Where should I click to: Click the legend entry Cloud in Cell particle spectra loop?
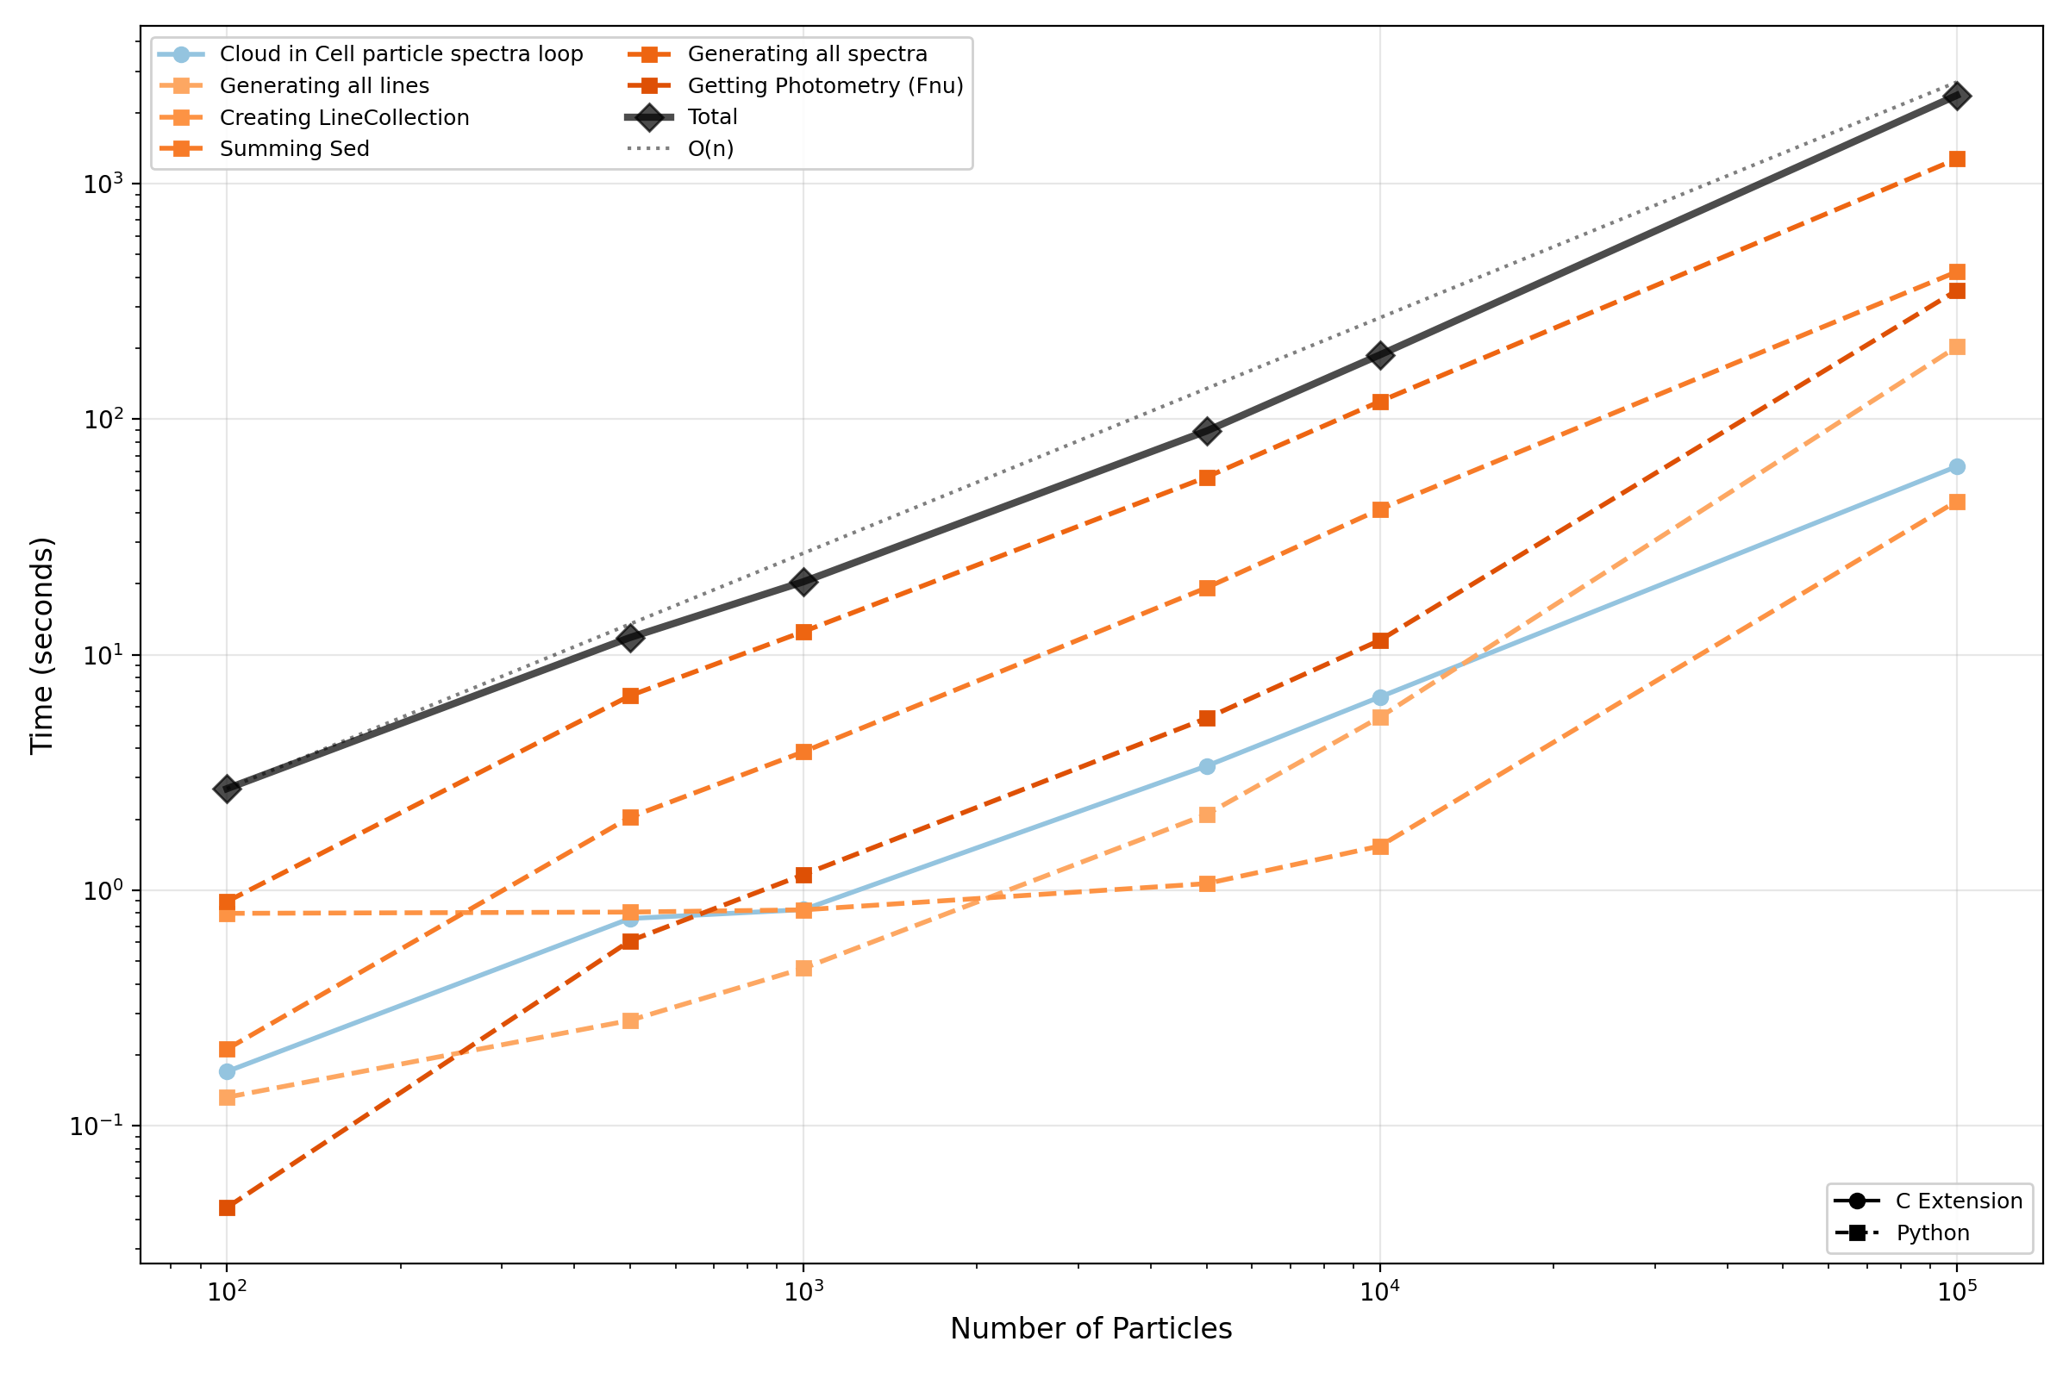[x=401, y=54]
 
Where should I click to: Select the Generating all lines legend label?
[x=324, y=86]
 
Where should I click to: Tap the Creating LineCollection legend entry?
[x=344, y=118]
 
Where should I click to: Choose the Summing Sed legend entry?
[x=294, y=149]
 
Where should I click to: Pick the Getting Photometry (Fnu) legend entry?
[x=825, y=86]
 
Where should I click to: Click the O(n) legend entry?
[x=709, y=149]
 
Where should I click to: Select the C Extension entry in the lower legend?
[x=1959, y=1201]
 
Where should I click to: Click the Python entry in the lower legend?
[x=1933, y=1233]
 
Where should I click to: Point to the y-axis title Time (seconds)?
[x=42, y=646]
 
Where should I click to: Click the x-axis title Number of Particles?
[x=1091, y=1328]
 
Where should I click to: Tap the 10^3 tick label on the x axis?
[x=803, y=1290]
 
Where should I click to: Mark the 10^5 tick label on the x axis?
[x=1956, y=1290]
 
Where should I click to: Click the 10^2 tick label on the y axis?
[x=102, y=420]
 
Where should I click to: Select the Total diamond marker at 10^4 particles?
[x=1380, y=355]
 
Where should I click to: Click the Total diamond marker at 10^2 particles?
[x=227, y=788]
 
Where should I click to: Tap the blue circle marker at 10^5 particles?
[x=1956, y=467]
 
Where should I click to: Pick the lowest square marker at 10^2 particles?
[x=227, y=1208]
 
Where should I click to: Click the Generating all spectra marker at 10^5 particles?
[x=1956, y=159]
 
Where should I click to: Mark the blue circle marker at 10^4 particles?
[x=1380, y=698]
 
